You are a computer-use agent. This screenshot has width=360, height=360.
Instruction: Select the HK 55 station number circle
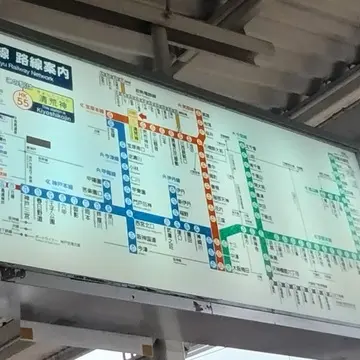23,98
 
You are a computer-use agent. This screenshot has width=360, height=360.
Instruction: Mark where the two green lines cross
258,236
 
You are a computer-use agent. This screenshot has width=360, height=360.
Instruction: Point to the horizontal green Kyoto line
300,245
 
